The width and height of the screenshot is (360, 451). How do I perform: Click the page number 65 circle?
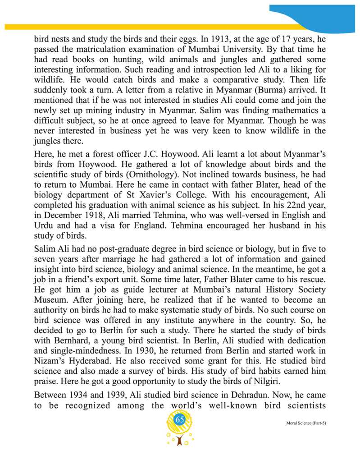[180, 420]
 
